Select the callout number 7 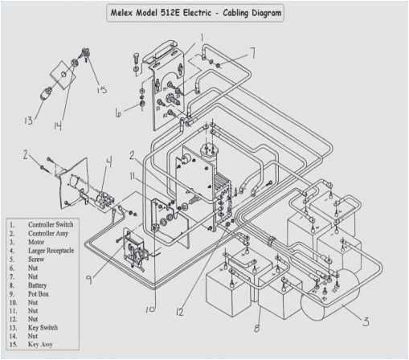(x=252, y=54)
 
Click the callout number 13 (x=28, y=121)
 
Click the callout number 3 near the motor (x=366, y=322)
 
